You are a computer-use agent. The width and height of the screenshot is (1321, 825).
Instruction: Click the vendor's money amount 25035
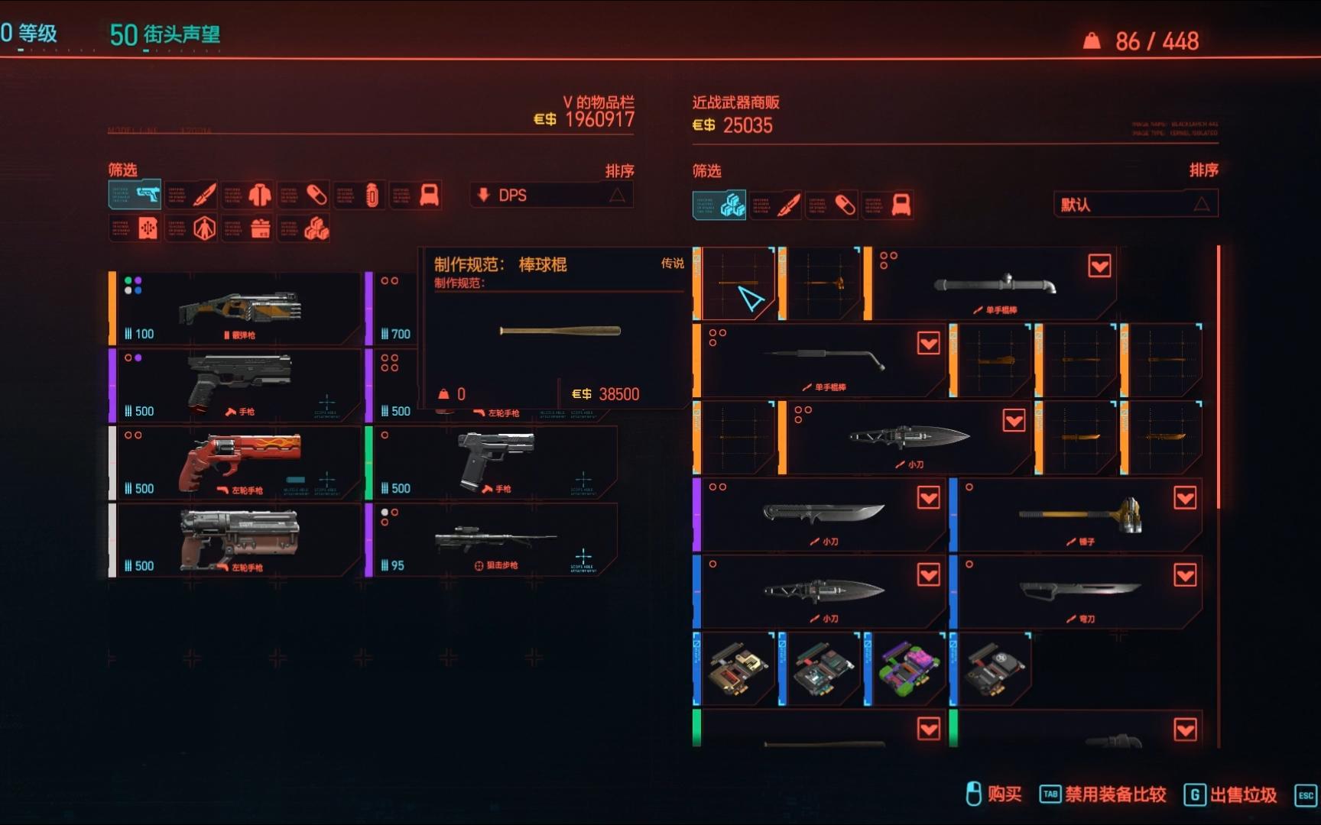coord(747,125)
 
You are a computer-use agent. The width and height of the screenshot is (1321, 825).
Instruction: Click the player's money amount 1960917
coord(599,119)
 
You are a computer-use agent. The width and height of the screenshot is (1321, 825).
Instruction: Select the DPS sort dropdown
coord(551,196)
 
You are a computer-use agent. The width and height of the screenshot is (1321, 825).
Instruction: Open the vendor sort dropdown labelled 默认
coord(1135,204)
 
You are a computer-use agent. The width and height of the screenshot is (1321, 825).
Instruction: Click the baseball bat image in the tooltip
coord(560,331)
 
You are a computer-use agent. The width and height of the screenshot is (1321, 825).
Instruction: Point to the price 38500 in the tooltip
coord(618,394)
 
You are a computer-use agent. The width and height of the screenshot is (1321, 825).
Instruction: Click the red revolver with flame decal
coord(239,461)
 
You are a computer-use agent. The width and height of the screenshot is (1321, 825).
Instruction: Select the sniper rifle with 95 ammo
coord(495,539)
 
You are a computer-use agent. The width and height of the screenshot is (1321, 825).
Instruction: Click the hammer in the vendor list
coord(1079,513)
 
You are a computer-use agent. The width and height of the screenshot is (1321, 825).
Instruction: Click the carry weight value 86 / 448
coord(1156,41)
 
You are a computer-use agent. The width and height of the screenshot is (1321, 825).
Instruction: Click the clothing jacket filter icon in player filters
coord(260,195)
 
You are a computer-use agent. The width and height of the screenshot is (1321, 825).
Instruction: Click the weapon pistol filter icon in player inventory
coord(147,195)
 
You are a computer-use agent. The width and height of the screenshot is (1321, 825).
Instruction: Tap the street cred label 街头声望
coord(181,34)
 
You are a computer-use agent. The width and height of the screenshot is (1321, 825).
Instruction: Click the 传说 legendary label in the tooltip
coord(672,264)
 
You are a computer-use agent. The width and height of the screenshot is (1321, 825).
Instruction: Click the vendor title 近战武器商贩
coord(735,102)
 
